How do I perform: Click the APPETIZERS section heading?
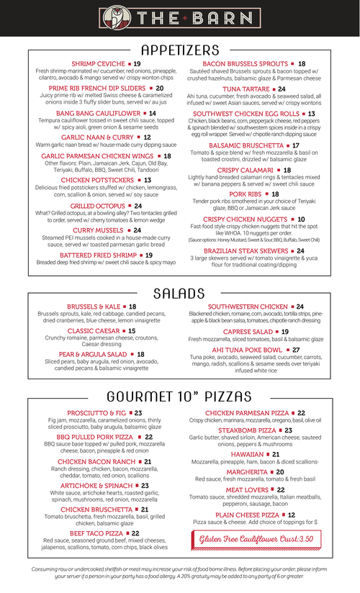pyautogui.click(x=180, y=50)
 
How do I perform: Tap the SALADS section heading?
pyautogui.click(x=180, y=294)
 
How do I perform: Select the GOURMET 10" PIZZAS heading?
pyautogui.click(x=179, y=397)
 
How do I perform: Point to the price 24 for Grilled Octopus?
pyautogui.click(x=138, y=206)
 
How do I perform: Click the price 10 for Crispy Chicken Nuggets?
pyautogui.click(x=301, y=219)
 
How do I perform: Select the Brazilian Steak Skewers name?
pyautogui.click(x=244, y=250)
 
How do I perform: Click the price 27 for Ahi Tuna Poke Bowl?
pyautogui.click(x=296, y=350)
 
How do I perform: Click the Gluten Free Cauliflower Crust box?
pyautogui.click(x=256, y=538)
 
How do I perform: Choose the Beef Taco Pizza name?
pyautogui.click(x=95, y=533)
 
